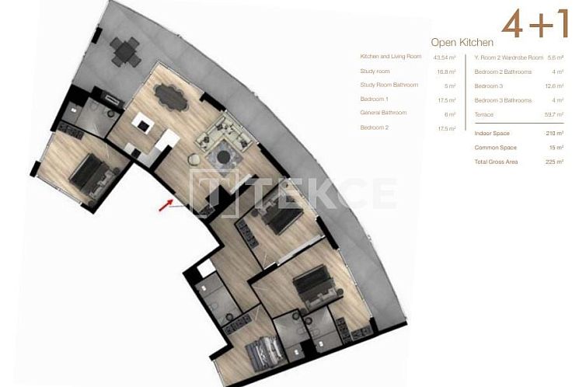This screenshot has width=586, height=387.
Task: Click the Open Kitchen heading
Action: click(x=462, y=42)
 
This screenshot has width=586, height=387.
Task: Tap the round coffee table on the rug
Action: click(x=224, y=158)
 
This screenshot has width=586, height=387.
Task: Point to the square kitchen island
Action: click(x=144, y=124)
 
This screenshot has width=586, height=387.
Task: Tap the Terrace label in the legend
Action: click(x=485, y=114)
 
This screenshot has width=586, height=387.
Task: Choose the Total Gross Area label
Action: click(x=496, y=162)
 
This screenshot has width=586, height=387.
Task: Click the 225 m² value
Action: click(x=555, y=162)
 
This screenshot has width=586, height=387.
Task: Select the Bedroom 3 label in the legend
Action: click(x=489, y=85)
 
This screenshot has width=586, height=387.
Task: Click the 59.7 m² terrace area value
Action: click(x=554, y=114)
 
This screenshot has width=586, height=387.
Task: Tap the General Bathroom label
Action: click(x=383, y=113)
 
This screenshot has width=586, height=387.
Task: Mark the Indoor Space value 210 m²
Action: click(x=555, y=134)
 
